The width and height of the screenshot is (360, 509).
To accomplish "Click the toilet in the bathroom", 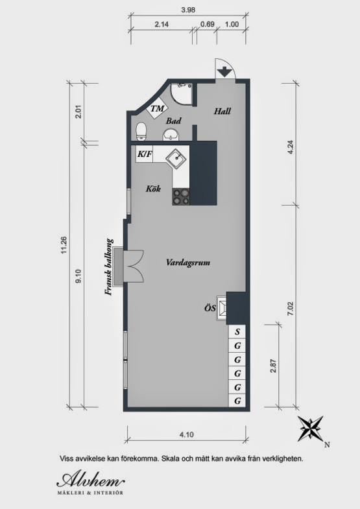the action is pyautogui.click(x=141, y=131).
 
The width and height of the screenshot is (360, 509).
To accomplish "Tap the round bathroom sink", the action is pyautogui.click(x=171, y=134).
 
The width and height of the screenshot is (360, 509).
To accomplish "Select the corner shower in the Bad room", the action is pyautogui.click(x=182, y=93).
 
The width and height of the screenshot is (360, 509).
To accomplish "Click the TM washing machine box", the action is pyautogui.click(x=158, y=108).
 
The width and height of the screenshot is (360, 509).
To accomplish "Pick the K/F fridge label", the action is pyautogui.click(x=145, y=154).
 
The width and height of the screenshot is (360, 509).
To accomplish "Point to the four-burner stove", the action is pyautogui.click(x=181, y=196).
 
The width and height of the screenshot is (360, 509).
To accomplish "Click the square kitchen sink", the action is pyautogui.click(x=176, y=158).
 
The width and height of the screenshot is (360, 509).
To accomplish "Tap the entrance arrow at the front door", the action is pyautogui.click(x=224, y=72).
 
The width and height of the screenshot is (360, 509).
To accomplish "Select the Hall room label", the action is pyautogui.click(x=222, y=112).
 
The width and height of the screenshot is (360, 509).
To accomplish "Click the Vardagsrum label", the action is pyautogui.click(x=188, y=263).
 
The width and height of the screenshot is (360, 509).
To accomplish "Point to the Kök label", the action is pyautogui.click(x=153, y=189).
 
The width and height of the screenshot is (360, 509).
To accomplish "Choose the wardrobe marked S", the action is pyautogui.click(x=237, y=332).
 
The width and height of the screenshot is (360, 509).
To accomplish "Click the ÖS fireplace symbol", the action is pyautogui.click(x=222, y=307).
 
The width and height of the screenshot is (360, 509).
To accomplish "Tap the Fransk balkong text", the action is pyautogui.click(x=109, y=267).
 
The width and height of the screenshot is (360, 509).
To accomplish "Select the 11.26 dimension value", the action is pyautogui.click(x=64, y=245).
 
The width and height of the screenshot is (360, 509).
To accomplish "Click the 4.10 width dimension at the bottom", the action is pyautogui.click(x=186, y=434).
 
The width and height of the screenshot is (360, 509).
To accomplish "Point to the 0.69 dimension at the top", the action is pyautogui.click(x=208, y=24).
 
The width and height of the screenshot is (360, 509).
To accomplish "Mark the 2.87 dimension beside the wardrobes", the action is pyautogui.click(x=273, y=365).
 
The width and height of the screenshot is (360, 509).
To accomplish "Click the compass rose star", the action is pyautogui.click(x=310, y=428).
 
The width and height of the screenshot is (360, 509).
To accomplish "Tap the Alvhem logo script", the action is pyautogui.click(x=91, y=479).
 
